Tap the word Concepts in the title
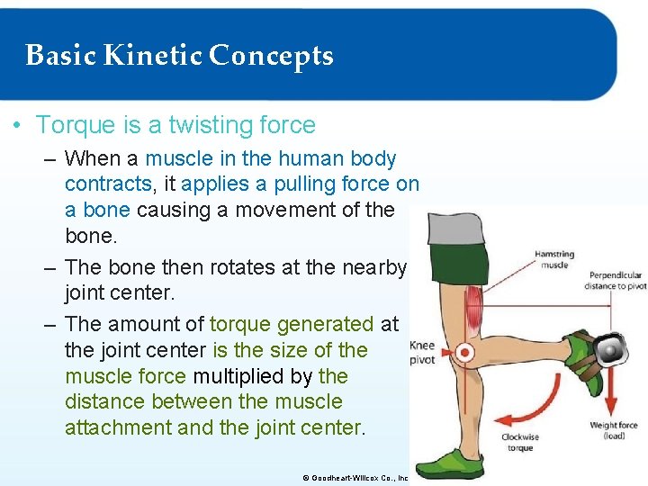click(x=271, y=56)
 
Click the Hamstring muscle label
click(x=554, y=260)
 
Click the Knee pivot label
click(x=422, y=352)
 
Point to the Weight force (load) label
click(x=614, y=430)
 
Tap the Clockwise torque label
click(x=520, y=442)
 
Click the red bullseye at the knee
click(x=465, y=352)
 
